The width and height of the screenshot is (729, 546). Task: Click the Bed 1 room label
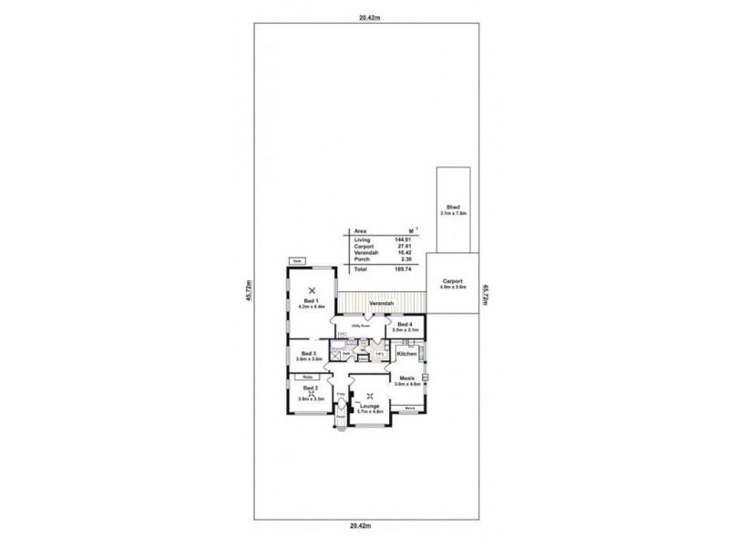[310, 299]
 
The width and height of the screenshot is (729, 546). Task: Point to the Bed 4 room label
[405, 324]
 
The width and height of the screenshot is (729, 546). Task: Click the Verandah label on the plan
[381, 302]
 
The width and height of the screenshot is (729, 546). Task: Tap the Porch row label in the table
[360, 260]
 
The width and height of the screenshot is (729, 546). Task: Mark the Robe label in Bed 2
[308, 376]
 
